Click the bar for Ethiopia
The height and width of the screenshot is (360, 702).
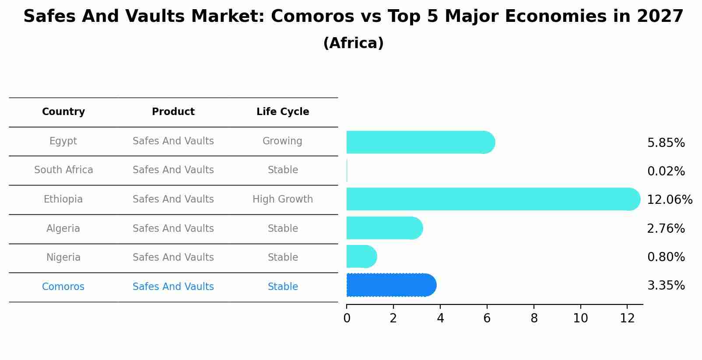click(x=492, y=199)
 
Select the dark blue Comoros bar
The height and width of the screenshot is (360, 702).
click(x=391, y=285)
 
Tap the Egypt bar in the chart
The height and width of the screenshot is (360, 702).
click(x=420, y=142)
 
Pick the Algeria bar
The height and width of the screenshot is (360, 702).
click(x=384, y=228)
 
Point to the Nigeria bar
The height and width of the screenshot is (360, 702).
click(x=361, y=256)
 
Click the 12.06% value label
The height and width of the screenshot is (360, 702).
click(x=669, y=200)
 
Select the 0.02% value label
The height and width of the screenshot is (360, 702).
click(x=666, y=171)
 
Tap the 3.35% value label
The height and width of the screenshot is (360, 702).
click(x=666, y=286)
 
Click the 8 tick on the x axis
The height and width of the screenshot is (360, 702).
click(x=534, y=318)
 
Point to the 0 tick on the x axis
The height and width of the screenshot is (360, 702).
click(x=347, y=318)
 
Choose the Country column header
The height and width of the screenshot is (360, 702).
click(x=63, y=112)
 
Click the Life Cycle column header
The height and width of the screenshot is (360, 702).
click(x=283, y=112)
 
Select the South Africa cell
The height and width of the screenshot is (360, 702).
click(x=63, y=170)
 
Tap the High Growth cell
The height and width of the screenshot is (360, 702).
click(x=283, y=199)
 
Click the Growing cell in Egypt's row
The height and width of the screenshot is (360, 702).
click(x=282, y=141)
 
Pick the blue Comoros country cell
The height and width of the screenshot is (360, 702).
click(x=63, y=287)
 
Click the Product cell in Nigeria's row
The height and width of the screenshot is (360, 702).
click(x=173, y=258)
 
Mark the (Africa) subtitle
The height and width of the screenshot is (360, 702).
click(x=353, y=43)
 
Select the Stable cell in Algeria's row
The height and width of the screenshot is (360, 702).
click(x=283, y=229)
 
